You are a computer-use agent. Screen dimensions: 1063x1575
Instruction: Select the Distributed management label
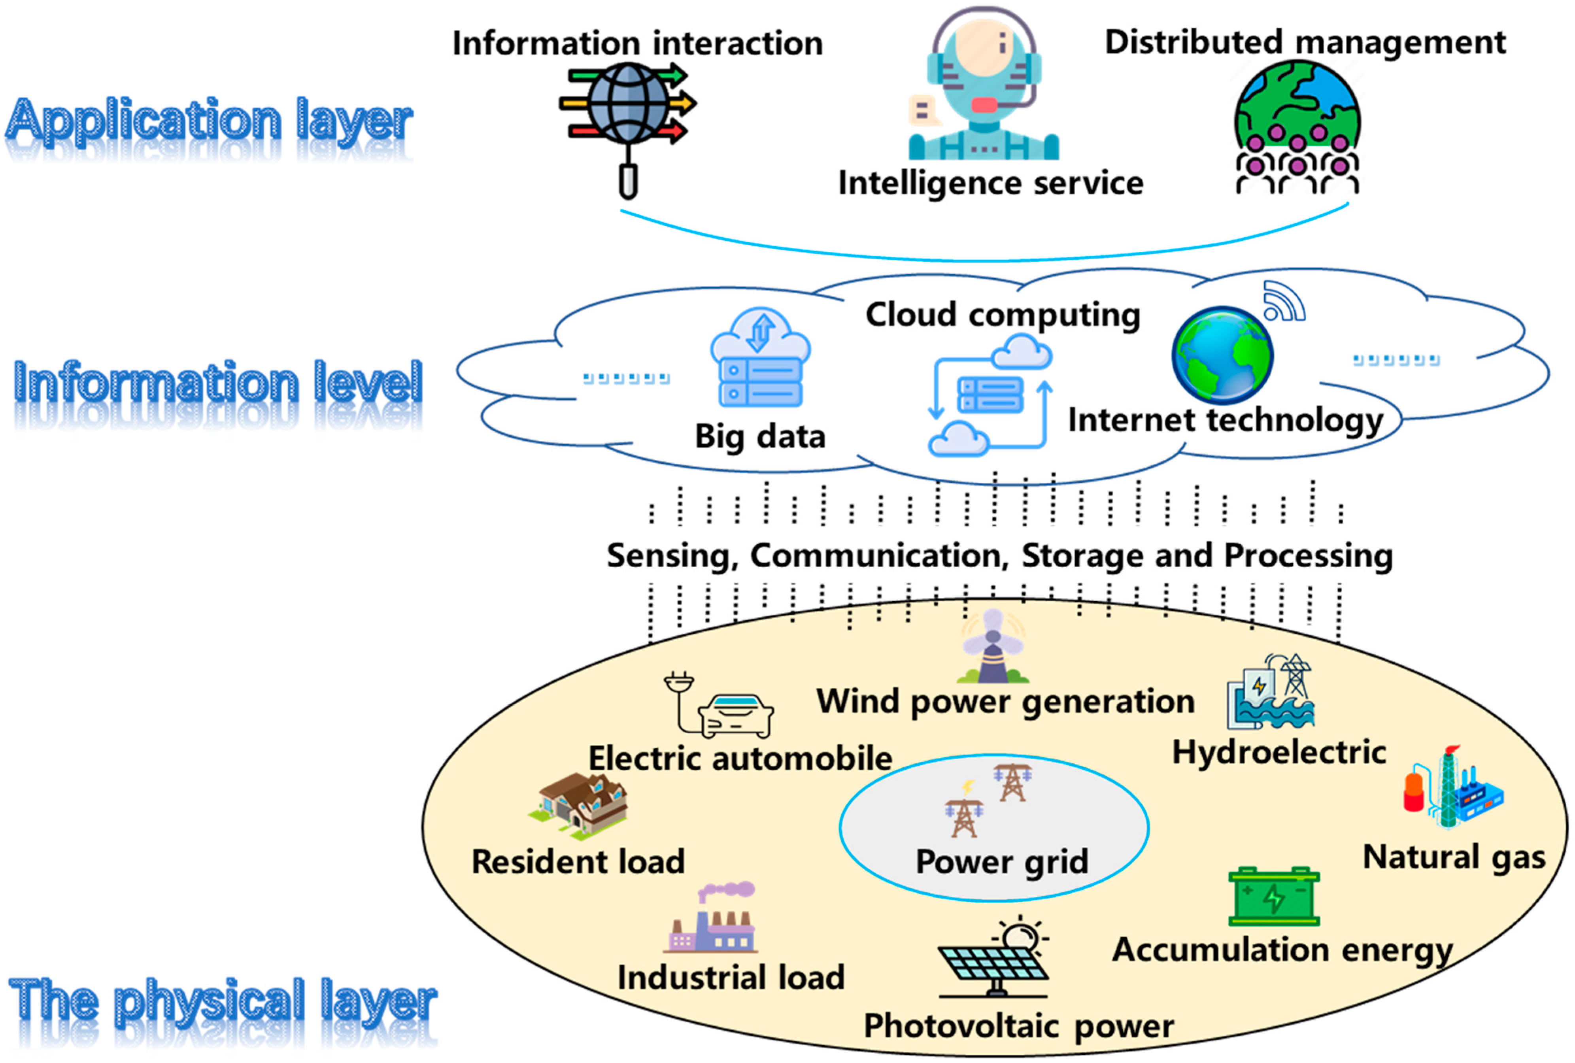tap(1305, 42)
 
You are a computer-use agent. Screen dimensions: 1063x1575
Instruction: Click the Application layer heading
tap(209, 122)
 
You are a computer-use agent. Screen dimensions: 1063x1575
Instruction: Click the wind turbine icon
tap(993, 647)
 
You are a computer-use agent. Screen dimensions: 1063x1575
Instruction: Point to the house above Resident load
tap(580, 806)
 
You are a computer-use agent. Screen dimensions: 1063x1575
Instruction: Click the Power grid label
tap(1002, 862)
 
